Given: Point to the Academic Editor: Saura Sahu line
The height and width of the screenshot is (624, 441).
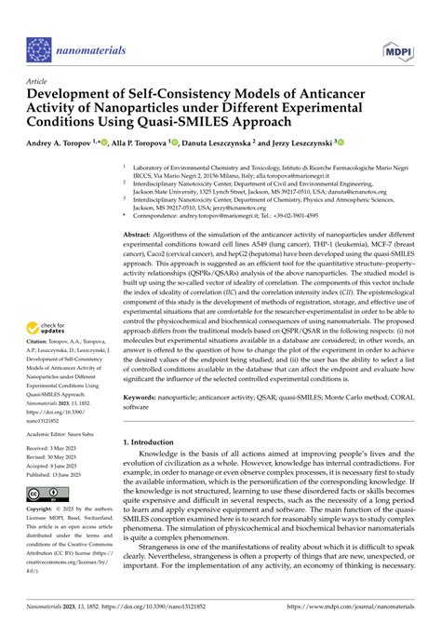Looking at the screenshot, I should (66, 458).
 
